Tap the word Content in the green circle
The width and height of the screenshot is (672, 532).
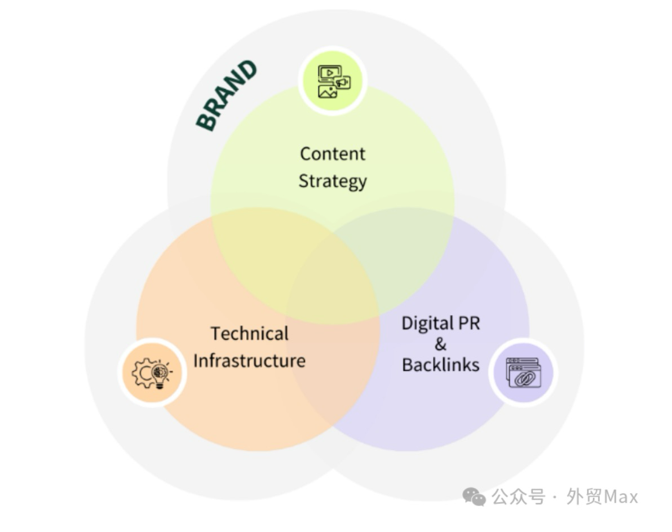(332, 154)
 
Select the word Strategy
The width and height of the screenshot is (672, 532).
(332, 181)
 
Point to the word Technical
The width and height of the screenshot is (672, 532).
(249, 334)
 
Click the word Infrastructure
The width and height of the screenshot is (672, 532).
(249, 361)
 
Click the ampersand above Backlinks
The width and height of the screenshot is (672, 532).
(440, 344)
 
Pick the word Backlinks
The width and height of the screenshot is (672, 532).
(440, 365)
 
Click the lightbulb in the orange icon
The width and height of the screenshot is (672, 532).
(160, 373)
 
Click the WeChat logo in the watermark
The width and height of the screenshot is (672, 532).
(474, 497)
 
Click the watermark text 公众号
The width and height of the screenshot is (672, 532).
(518, 497)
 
